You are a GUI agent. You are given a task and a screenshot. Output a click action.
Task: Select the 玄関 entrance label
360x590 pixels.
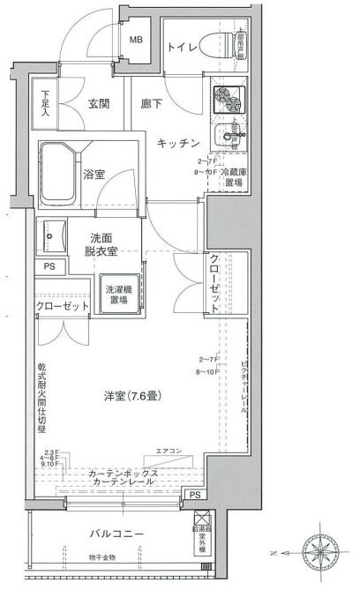click(x=98, y=103)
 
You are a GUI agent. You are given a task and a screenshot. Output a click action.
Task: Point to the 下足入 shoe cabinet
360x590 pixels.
click(x=46, y=102)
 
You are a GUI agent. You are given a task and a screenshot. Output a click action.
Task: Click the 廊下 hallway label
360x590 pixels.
click(x=152, y=103)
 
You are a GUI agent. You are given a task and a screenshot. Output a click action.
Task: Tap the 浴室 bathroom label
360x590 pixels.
click(x=94, y=175)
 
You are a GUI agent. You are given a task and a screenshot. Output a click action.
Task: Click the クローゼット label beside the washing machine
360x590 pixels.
click(x=63, y=306)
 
